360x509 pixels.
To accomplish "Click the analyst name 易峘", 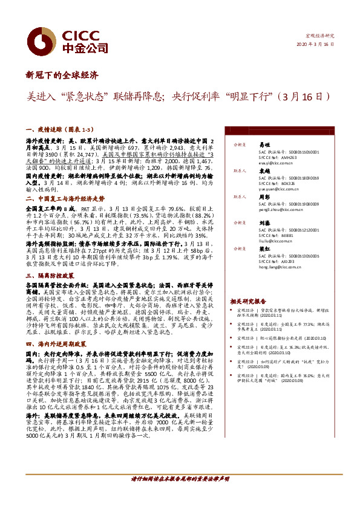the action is (x=264, y=145).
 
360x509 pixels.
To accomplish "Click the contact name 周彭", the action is (x=264, y=196).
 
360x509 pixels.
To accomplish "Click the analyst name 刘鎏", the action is (x=264, y=222).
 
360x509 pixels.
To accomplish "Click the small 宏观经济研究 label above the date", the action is (x=321, y=36).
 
